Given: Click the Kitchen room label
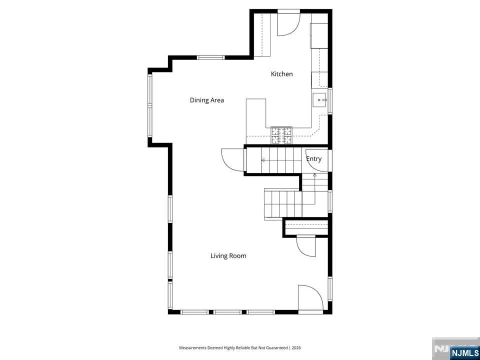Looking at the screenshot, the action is point(281,74).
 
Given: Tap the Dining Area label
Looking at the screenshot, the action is point(207,100).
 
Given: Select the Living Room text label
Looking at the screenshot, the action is point(228,255).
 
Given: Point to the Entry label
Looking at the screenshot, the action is point(314,159).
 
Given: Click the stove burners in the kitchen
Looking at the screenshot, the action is point(281,135).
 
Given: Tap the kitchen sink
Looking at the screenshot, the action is point(320,100).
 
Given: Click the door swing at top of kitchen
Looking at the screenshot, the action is point(288,24).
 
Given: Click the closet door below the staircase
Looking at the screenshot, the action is point(306,247).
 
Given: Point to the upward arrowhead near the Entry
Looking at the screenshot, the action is point(314,175).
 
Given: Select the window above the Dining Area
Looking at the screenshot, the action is point(210,57).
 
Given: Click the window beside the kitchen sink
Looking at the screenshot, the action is point(330,101).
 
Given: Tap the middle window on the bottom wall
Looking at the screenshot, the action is point(228,312).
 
